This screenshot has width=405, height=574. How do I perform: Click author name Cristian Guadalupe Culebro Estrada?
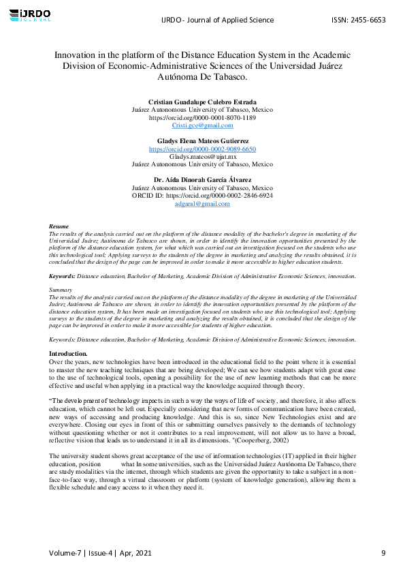[x=202, y=102]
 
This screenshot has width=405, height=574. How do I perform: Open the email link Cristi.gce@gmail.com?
[x=202, y=125]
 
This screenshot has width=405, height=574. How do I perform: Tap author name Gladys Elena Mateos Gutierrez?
[x=202, y=140]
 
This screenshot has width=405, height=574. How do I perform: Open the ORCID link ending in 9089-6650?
[x=202, y=149]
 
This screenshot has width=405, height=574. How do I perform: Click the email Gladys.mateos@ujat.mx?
[x=202, y=157]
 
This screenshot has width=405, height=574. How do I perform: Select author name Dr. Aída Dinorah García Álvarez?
[x=202, y=180]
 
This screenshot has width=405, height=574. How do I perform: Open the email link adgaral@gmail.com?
[x=202, y=203]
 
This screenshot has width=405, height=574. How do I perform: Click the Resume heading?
[x=59, y=226]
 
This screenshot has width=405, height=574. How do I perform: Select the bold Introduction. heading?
[x=68, y=353]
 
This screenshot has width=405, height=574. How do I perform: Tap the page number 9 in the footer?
[x=383, y=552]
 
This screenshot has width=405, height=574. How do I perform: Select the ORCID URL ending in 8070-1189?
[x=202, y=117]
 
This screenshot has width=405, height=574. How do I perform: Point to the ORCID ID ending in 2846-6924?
[x=202, y=195]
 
